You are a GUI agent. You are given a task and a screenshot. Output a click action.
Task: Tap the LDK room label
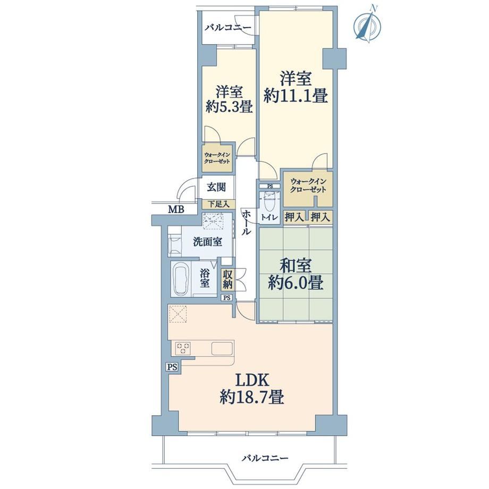(x=252, y=381)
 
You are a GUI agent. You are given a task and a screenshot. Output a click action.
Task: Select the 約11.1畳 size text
(x=296, y=96)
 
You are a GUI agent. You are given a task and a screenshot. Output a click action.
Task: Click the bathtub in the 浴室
(x=181, y=279)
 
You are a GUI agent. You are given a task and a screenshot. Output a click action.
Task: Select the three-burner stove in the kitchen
(x=183, y=348)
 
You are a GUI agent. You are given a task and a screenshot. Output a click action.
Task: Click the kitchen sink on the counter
(x=222, y=348)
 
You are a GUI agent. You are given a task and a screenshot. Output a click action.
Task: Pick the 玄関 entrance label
(x=216, y=188)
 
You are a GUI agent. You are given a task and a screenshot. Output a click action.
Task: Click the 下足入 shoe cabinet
(x=218, y=204)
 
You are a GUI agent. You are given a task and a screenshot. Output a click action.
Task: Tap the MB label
(x=176, y=209)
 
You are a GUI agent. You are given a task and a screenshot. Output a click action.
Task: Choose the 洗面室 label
(x=207, y=242)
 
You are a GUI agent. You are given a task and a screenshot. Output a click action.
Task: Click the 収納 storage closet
(x=227, y=279)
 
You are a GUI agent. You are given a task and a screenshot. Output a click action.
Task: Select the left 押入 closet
(x=294, y=217)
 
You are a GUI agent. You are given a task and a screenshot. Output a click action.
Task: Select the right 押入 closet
(x=321, y=217)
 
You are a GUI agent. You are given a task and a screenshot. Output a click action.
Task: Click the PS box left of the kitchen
(x=172, y=367)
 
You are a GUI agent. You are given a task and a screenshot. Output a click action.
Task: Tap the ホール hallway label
(x=247, y=222)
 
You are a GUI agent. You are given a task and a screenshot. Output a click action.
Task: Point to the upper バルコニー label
(x=228, y=28)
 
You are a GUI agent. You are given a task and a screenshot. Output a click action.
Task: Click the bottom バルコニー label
(x=265, y=458)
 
